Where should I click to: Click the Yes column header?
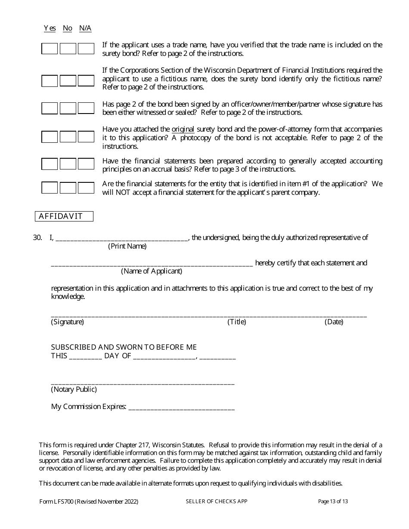(x=50, y=28)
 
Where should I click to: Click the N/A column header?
(x=85, y=28)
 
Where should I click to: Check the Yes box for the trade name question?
(x=50, y=49)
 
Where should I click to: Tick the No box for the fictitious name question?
(x=68, y=80)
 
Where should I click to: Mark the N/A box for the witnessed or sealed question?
(x=86, y=108)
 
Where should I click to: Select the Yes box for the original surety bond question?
(x=50, y=137)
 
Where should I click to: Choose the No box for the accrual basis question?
(x=68, y=164)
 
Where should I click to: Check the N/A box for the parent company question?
(x=86, y=188)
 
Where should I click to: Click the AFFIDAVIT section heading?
(x=64, y=216)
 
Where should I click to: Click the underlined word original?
(x=183, y=129)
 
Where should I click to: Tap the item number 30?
(x=37, y=237)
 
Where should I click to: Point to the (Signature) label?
(x=68, y=322)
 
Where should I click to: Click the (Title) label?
(x=236, y=322)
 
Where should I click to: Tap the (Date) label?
(x=334, y=322)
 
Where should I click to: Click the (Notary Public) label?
(x=74, y=389)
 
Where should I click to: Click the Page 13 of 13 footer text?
(x=333, y=501)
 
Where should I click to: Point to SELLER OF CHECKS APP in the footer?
(x=217, y=501)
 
